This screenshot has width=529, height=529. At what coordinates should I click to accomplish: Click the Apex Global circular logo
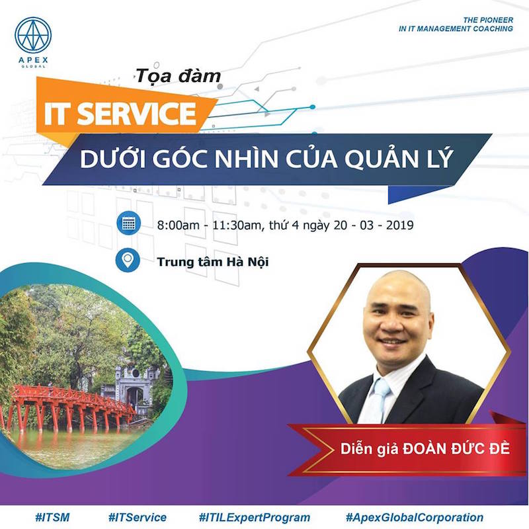click(33, 35)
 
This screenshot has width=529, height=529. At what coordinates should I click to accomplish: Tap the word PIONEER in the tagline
click(497, 20)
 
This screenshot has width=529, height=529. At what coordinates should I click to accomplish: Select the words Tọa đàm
click(178, 76)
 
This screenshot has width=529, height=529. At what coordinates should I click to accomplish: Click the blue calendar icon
click(128, 224)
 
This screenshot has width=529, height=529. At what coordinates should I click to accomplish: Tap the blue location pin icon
click(128, 260)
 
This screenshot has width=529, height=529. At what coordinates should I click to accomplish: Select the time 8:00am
click(179, 225)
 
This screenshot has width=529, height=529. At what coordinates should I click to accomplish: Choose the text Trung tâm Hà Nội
click(213, 262)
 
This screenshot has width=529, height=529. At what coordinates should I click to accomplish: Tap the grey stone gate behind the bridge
click(134, 386)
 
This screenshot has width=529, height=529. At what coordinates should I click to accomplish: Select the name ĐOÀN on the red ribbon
click(425, 449)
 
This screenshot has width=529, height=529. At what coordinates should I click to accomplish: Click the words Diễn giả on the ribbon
click(370, 450)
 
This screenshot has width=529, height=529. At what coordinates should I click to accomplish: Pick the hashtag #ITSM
click(52, 517)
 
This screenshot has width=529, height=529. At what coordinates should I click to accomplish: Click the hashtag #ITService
click(138, 517)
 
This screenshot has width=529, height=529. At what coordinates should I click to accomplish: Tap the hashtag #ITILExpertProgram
click(255, 518)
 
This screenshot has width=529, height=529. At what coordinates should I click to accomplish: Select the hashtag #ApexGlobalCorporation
click(415, 518)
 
